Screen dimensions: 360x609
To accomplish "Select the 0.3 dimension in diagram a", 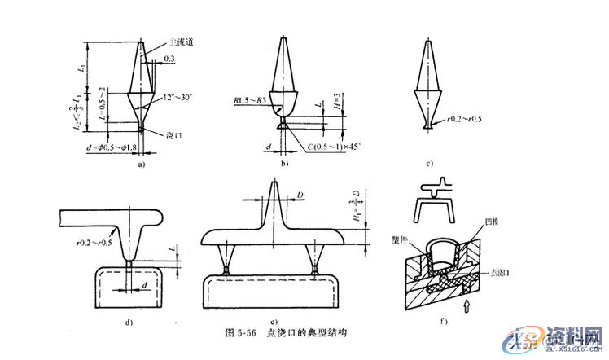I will tap(169, 59).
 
